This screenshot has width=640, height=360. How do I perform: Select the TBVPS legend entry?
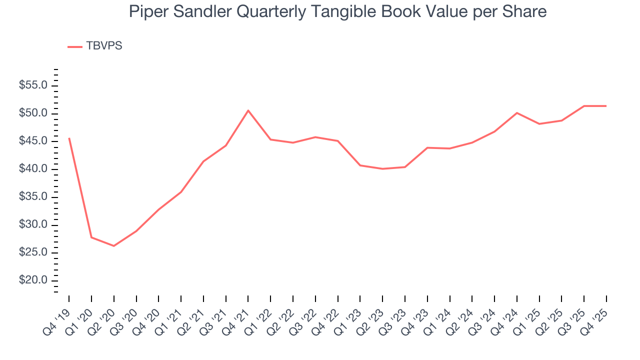pos(95,46)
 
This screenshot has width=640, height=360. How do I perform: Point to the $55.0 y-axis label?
pos(33,85)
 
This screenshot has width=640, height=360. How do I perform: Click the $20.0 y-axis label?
pos(33,280)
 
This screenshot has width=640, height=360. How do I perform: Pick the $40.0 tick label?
pos(33,169)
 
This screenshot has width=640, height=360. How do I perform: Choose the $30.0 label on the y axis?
pos(33,225)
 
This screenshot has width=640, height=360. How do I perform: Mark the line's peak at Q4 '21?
pos(248,110)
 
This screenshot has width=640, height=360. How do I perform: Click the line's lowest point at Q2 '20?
pos(113,246)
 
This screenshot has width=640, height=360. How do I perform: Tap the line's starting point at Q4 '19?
pos(69,138)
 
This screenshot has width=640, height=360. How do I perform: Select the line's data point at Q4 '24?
pos(517,113)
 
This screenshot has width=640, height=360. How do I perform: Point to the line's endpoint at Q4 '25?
pos(606,106)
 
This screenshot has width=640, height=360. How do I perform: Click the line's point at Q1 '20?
pos(91,237)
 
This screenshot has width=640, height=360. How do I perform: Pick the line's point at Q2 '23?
pos(382,169)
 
